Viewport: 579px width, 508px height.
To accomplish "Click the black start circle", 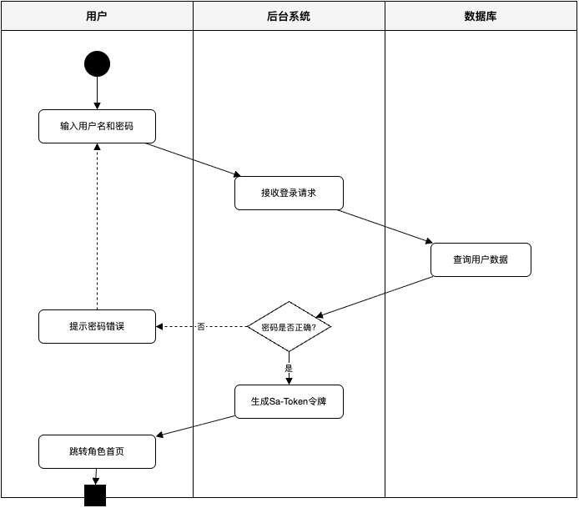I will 97,64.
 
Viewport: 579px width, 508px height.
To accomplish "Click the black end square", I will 95,495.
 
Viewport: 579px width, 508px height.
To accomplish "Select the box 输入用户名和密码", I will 97,126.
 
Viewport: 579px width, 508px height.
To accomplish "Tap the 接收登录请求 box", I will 289,193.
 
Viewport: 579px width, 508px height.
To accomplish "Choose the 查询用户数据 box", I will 481,259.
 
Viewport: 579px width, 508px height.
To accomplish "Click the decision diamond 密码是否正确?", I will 289,327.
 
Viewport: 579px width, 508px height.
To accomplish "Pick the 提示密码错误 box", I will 97,326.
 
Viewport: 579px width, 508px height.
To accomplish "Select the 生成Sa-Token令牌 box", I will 289,401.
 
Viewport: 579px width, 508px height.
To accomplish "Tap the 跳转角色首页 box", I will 97,451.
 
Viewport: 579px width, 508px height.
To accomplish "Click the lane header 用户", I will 97,16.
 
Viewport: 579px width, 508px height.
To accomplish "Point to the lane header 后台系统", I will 289,16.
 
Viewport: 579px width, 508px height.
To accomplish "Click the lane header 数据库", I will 481,16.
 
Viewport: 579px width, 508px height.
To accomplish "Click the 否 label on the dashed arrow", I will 201,327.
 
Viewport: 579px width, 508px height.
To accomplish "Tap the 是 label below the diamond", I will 289,368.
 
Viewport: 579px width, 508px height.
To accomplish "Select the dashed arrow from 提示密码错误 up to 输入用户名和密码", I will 97,225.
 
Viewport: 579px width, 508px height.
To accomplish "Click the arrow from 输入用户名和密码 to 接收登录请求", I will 193,159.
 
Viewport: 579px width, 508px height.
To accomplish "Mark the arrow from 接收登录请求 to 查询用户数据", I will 385,226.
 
